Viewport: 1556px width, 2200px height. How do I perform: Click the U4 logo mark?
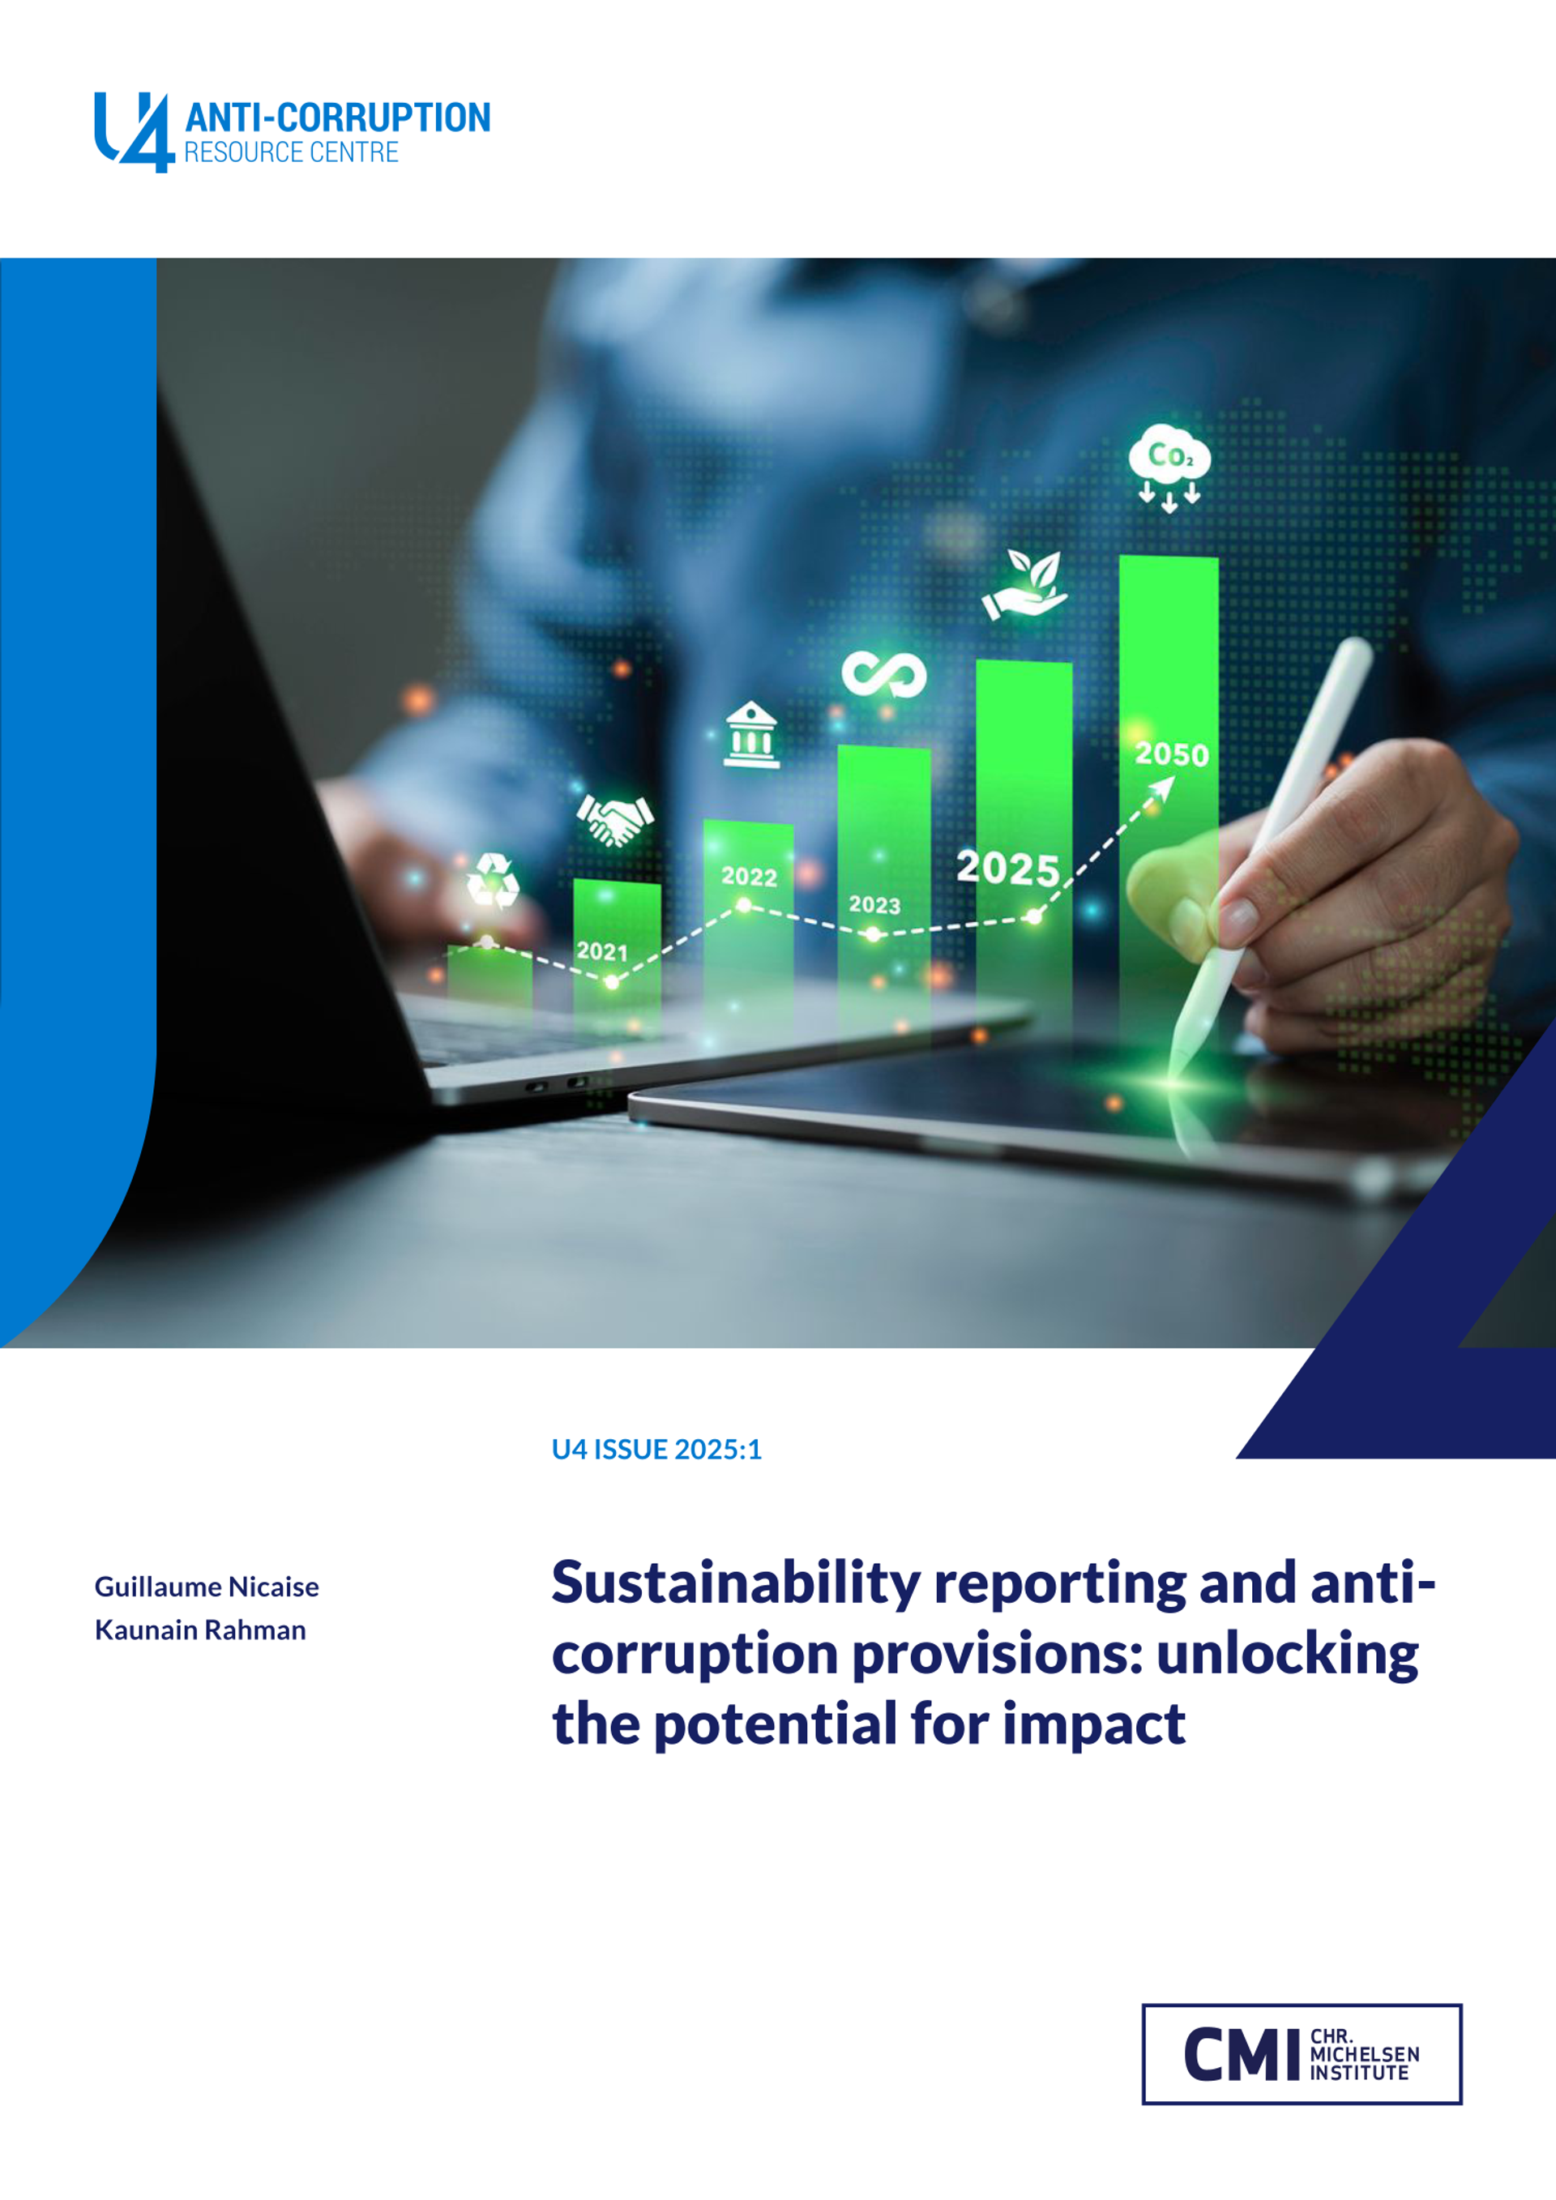coord(135,132)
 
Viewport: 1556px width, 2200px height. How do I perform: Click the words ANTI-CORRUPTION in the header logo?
coord(337,117)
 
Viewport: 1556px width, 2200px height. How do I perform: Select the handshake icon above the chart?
coord(614,819)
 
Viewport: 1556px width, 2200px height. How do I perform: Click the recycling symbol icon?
coord(493,881)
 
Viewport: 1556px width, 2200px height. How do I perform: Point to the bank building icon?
coord(751,735)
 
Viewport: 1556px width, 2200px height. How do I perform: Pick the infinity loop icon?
coord(883,674)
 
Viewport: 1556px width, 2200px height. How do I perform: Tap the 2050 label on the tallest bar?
coord(1171,754)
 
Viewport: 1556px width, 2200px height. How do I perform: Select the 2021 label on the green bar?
coord(601,951)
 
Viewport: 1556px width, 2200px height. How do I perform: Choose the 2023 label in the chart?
coord(874,904)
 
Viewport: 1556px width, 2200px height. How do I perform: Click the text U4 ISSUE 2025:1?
coord(656,1449)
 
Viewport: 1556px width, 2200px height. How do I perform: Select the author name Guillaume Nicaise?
coord(206,1587)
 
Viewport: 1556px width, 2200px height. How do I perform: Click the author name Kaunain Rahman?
coord(200,1630)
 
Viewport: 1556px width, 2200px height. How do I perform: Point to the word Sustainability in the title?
coord(735,1583)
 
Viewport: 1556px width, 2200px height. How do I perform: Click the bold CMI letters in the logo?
coord(1241,2054)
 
